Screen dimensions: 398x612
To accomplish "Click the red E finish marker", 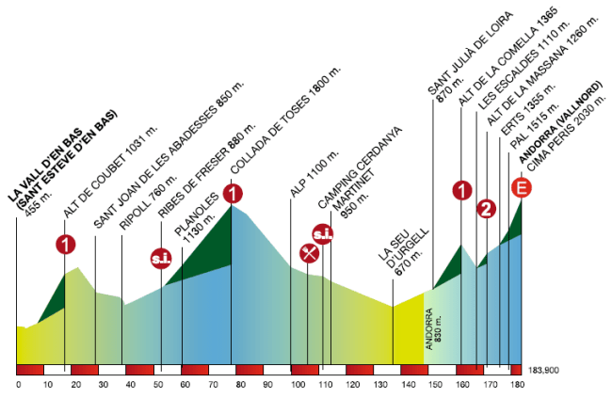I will tap(521, 189).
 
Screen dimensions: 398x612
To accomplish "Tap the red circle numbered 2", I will tap(487, 209).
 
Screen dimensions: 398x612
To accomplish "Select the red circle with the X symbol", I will tap(308, 252).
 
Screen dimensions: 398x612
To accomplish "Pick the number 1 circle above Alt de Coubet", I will tap(65, 246).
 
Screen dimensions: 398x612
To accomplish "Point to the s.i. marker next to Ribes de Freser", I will tap(160, 256).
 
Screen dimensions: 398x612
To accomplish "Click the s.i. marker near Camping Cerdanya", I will tap(323, 233).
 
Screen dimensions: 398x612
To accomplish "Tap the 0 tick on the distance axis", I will tap(18, 384).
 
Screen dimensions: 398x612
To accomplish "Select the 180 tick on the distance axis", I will tap(516, 384).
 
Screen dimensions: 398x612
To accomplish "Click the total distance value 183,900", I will tap(545, 371).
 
